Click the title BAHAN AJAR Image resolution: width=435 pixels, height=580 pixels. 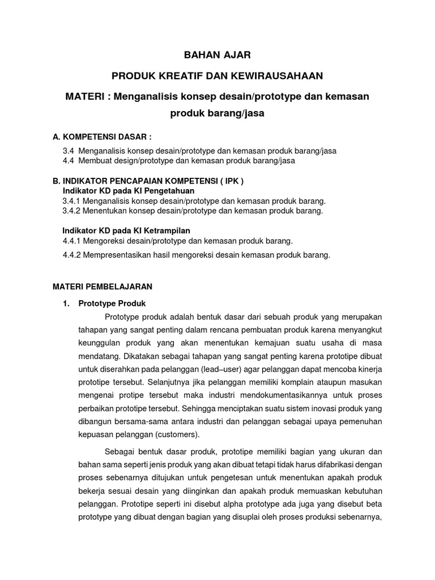pos(217,55)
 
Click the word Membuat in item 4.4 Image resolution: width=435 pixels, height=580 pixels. pos(95,161)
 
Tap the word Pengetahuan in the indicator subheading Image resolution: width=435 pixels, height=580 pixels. pos(170,191)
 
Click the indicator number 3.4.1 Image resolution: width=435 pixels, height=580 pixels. pos(72,201)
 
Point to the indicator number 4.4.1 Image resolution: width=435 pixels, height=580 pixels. pos(72,241)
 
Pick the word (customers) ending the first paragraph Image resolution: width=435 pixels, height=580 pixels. pos(179,434)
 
